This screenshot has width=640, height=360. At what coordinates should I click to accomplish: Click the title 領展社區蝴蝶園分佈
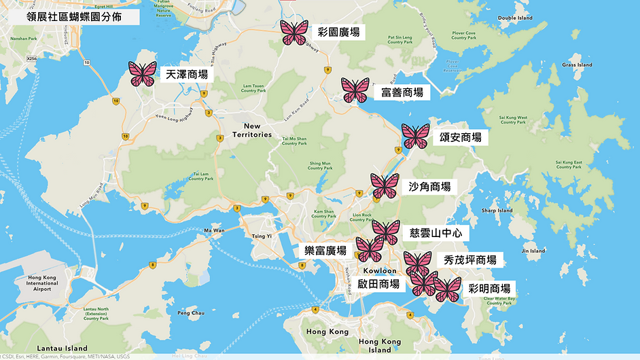74,17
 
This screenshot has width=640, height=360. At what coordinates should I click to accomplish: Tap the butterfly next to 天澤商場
143,73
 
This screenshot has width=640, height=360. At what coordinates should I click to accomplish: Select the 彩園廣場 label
338,32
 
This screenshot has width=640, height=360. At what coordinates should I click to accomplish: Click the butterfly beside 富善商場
355,90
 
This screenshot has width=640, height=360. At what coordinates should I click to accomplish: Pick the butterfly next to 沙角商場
385,186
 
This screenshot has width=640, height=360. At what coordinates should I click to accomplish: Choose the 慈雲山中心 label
435,233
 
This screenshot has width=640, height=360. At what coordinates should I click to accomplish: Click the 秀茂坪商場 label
469,259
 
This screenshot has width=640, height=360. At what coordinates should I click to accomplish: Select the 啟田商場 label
378,284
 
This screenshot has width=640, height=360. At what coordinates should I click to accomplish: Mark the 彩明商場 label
489,288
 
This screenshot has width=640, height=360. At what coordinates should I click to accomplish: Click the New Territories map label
252,130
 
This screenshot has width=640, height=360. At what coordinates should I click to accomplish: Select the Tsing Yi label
262,236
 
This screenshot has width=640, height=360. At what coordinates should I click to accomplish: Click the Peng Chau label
191,313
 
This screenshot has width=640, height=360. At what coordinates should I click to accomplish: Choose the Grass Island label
577,65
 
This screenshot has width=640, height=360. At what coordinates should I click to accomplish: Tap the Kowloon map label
379,271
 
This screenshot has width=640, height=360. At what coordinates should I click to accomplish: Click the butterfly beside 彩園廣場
294,32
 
